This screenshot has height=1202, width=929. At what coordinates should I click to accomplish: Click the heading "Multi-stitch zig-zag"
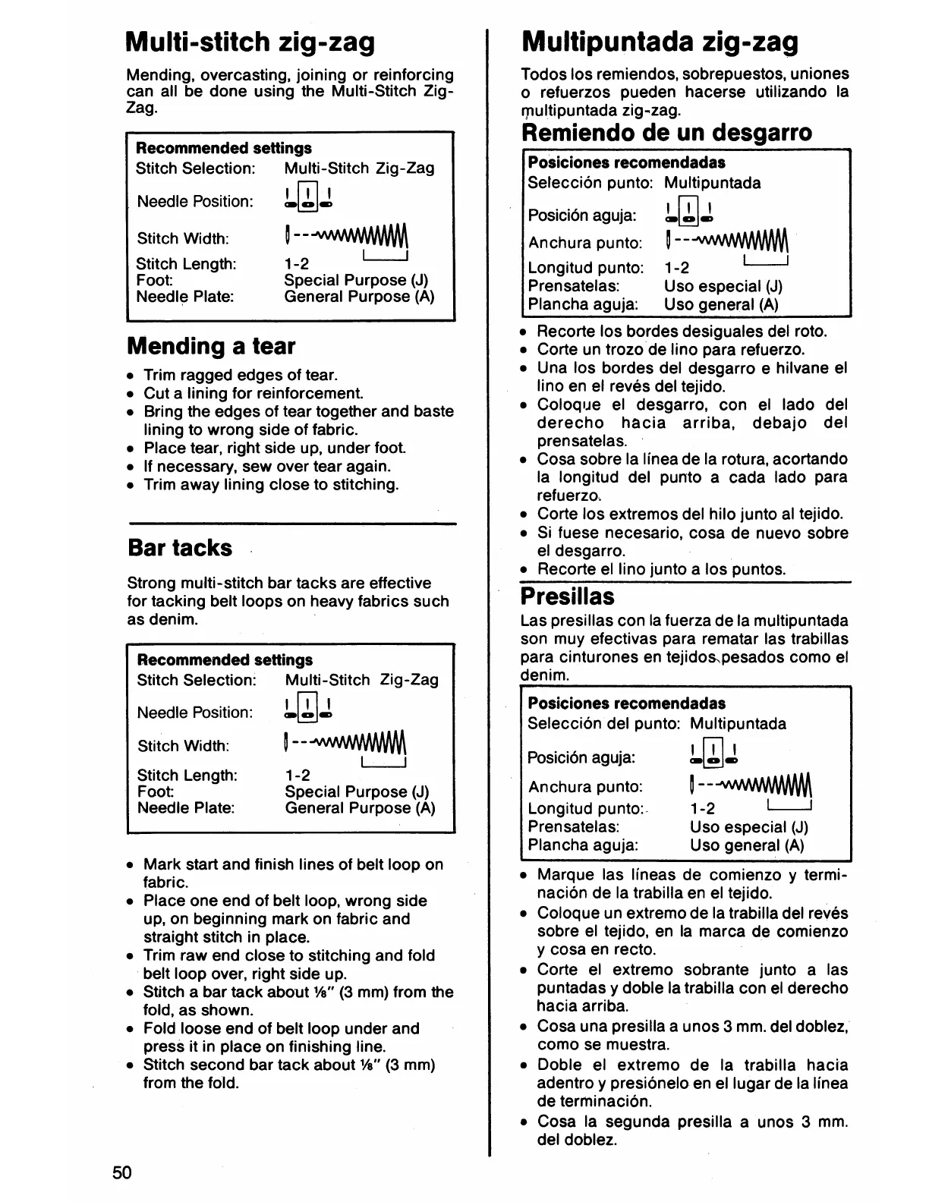coord(250,42)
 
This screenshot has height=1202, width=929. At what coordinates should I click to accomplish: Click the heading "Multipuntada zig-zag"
coord(660,42)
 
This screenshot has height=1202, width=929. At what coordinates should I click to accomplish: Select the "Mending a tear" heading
coord(211,346)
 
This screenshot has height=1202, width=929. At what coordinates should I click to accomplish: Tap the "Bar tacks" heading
coord(180,548)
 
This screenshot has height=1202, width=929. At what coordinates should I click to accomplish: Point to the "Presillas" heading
coord(567,596)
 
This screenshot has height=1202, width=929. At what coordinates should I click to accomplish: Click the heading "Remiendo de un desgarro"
coord(667,133)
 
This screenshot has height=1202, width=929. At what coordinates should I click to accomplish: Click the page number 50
coord(122,1172)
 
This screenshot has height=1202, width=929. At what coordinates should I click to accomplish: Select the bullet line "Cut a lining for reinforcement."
coord(254,393)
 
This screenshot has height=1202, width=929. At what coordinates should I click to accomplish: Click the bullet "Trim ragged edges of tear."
coord(241,375)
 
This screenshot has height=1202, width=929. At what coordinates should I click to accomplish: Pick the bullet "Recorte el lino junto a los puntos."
coord(661,569)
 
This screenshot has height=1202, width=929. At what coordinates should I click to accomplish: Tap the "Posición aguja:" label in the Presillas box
coord(581,757)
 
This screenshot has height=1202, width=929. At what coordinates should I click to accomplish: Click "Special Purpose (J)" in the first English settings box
coord(356,280)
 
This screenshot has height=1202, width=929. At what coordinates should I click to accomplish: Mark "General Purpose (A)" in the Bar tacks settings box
coord(360,808)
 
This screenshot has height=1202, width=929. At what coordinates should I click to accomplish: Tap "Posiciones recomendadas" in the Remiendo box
coord(626,162)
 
